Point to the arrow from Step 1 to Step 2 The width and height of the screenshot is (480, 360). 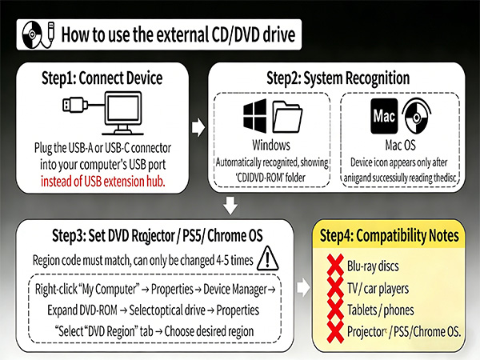coord(197,127)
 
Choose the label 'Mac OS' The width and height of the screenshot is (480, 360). coord(402,146)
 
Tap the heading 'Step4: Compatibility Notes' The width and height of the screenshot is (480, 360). coord(388,237)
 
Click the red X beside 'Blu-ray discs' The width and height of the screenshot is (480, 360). coord(330,265)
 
